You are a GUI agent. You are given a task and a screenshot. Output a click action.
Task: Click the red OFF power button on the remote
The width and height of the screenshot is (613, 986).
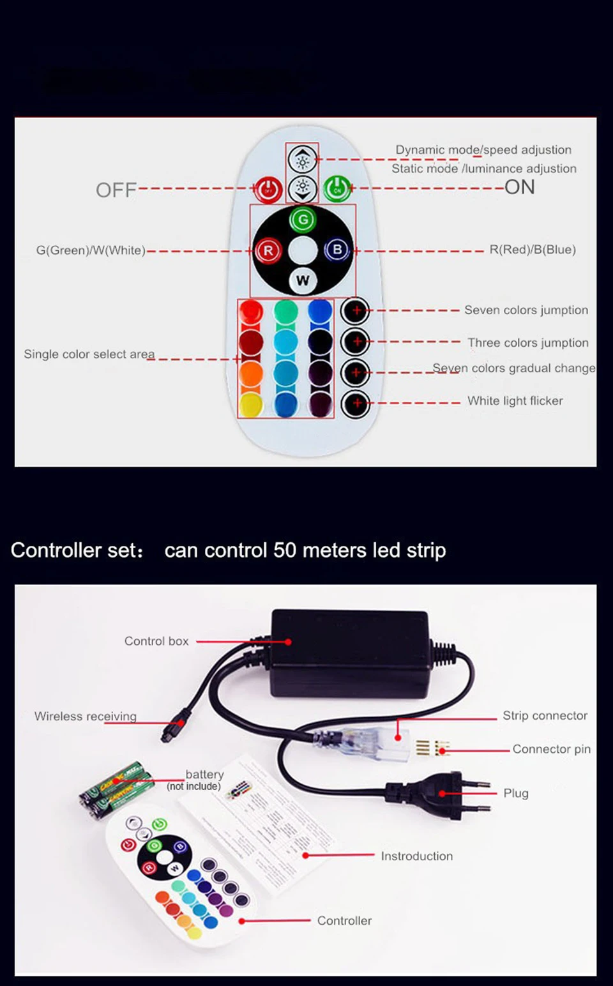pos(268,190)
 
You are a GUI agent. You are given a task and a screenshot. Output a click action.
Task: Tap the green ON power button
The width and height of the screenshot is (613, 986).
pos(337,189)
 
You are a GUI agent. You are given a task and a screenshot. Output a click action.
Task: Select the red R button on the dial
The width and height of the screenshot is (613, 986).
pos(268,250)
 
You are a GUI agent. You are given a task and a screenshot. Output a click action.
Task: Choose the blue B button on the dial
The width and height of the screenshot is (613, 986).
pos(337,250)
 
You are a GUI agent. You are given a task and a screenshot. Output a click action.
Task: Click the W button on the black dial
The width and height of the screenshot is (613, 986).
pos(303,280)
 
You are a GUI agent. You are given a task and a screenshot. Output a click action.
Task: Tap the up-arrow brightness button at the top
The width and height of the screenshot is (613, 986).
pos(303,160)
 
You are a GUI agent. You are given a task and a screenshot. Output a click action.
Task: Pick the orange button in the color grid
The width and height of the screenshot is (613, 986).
pos(251,374)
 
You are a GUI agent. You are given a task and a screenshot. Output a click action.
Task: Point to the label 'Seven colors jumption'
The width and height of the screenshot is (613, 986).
pos(526,310)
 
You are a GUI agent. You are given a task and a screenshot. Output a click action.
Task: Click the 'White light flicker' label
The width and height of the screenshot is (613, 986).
pos(515,400)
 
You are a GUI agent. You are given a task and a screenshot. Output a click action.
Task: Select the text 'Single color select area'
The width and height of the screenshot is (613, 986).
pos(89,354)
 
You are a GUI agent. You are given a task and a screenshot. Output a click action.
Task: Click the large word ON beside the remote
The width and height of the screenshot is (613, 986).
pos(519,187)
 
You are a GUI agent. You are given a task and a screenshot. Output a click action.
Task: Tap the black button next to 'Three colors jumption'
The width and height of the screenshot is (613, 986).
pos(356,342)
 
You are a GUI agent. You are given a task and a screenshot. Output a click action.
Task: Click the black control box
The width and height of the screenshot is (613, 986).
pos(350,651)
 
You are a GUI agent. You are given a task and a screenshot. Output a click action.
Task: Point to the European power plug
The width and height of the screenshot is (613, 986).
pos(441,792)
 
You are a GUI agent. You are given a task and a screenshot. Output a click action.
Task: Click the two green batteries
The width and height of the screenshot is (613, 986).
pos(116,785)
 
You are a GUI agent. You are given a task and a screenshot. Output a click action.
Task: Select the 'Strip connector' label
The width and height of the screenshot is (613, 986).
pos(545,715)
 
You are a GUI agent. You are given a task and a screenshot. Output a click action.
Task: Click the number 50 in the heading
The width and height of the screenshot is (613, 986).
pos(285,550)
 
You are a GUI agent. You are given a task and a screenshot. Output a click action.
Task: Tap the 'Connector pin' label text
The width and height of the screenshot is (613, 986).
pos(551,748)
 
